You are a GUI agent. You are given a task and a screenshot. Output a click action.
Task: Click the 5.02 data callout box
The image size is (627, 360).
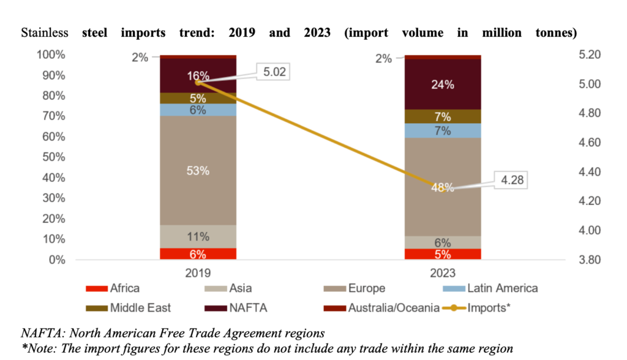coord(274,72)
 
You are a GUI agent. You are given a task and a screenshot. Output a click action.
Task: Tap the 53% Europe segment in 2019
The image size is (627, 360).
coord(198,171)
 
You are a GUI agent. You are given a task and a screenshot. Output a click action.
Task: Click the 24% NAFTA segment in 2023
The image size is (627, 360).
coord(443,84)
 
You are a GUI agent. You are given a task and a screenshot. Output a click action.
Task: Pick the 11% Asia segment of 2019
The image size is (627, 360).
coord(198,236)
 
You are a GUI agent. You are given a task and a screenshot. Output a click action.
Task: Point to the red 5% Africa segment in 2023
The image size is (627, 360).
coord(443,254)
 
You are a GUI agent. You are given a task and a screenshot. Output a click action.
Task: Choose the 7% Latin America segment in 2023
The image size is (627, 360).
coord(443,131)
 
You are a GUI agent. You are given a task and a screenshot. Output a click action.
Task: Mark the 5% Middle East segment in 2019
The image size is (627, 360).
coord(198,98)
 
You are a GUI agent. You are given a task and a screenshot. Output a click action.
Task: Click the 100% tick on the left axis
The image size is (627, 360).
coord(50,55)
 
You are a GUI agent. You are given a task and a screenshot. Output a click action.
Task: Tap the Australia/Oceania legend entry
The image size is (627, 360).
coord(392,307)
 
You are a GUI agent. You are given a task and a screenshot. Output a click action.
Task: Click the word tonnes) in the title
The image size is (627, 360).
coord(554,32)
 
